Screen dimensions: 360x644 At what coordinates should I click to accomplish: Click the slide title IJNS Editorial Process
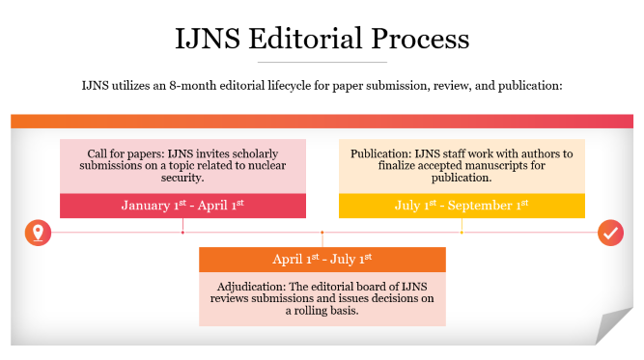322,39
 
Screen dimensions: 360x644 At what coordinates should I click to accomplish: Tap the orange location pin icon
37,233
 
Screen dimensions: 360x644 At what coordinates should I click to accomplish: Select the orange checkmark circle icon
610,233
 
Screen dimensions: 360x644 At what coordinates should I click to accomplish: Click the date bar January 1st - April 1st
182,206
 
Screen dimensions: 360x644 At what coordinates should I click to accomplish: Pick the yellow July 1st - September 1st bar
462,206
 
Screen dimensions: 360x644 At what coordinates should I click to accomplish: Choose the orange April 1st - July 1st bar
322,260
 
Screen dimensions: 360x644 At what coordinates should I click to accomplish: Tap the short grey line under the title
322,63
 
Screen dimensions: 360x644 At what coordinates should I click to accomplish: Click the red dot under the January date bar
182,233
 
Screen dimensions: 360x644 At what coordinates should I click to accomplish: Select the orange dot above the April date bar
322,233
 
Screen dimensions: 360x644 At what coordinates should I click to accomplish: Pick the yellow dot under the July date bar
462,233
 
